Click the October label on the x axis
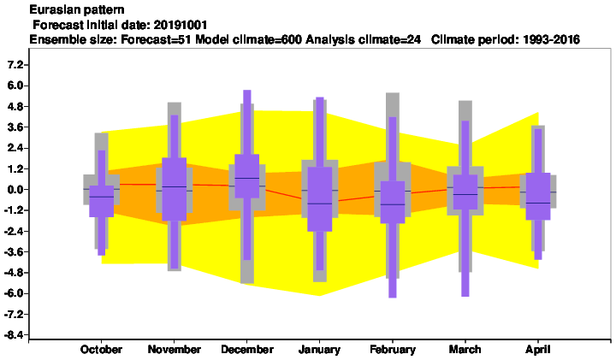point(101,350)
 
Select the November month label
point(174,350)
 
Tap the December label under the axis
point(247,350)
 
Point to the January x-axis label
point(319,350)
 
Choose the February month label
point(393,350)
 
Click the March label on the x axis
point(465,350)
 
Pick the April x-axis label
point(538,350)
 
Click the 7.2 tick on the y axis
point(15,65)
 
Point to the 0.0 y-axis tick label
point(15,190)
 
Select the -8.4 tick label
point(13,335)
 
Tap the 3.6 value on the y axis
point(15,127)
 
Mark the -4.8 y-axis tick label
point(13,273)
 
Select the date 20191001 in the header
point(180,25)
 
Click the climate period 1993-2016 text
point(551,39)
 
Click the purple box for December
point(247,176)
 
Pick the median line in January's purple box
point(320,204)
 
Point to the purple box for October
point(101,201)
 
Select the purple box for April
point(538,197)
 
